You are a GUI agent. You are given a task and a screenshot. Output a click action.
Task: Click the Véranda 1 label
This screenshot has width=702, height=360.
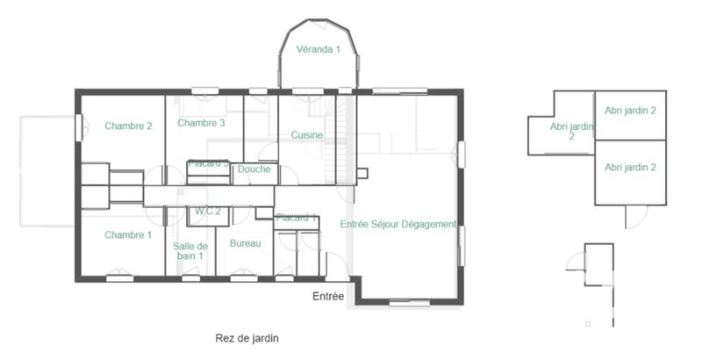click(318, 49)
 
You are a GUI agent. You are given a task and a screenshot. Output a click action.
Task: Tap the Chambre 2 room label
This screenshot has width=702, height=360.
click(128, 126)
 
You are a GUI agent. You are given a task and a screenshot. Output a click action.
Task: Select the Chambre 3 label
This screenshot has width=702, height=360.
click(201, 123)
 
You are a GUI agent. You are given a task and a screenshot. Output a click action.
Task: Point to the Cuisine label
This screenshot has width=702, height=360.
click(307, 135)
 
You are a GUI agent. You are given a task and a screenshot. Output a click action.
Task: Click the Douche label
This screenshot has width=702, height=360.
click(254, 169)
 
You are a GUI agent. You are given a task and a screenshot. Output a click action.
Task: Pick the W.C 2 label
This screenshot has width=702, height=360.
click(207, 211)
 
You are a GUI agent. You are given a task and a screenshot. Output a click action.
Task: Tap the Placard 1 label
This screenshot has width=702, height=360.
click(296, 217)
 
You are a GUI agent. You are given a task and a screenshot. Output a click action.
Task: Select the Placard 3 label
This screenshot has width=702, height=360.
click(208, 163)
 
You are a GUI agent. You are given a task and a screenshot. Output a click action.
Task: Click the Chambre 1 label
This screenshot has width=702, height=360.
click(128, 234)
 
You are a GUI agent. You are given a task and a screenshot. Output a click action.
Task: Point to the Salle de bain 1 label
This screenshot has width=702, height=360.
click(190, 251)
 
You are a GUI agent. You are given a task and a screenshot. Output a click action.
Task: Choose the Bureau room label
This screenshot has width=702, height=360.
click(245, 242)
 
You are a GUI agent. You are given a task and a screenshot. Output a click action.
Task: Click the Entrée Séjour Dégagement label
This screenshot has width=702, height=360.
click(398, 225)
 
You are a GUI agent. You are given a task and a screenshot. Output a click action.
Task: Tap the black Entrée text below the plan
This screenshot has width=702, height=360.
click(328, 297)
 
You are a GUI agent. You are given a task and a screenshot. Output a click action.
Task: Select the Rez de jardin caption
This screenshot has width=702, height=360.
click(247, 337)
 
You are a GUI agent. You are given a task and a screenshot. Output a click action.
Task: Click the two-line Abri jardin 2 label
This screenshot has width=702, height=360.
click(571, 131)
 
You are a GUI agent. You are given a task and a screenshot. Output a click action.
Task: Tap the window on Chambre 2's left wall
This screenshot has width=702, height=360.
click(79, 126)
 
